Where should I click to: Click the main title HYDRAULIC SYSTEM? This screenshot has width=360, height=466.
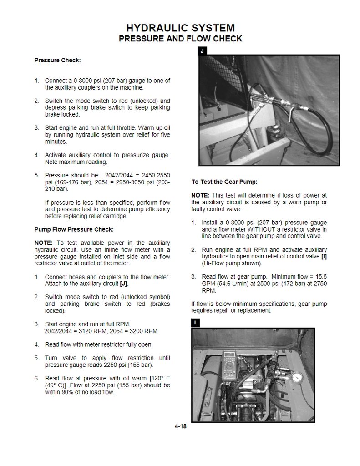180,28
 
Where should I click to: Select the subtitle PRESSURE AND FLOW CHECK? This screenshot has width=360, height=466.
180,39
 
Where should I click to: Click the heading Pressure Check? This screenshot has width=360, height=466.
57,60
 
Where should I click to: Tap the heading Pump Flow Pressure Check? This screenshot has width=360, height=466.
74,229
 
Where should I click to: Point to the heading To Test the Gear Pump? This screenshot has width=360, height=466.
224,182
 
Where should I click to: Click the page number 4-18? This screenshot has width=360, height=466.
180,426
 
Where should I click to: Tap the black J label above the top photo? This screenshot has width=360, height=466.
202,51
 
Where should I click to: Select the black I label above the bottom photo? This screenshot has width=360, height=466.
195,323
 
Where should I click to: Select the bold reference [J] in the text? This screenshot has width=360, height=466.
123,284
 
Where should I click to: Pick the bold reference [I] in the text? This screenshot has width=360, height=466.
324,257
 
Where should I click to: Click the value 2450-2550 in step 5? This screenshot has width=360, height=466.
156,175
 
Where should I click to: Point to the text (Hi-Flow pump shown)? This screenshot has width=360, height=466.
232,263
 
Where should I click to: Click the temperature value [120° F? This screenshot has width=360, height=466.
159,378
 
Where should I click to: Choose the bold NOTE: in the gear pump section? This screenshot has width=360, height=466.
200,196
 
